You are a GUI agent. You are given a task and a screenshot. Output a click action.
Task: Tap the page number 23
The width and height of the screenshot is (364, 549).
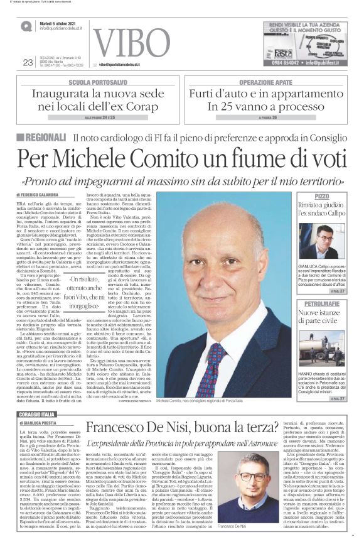pos(27,62)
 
